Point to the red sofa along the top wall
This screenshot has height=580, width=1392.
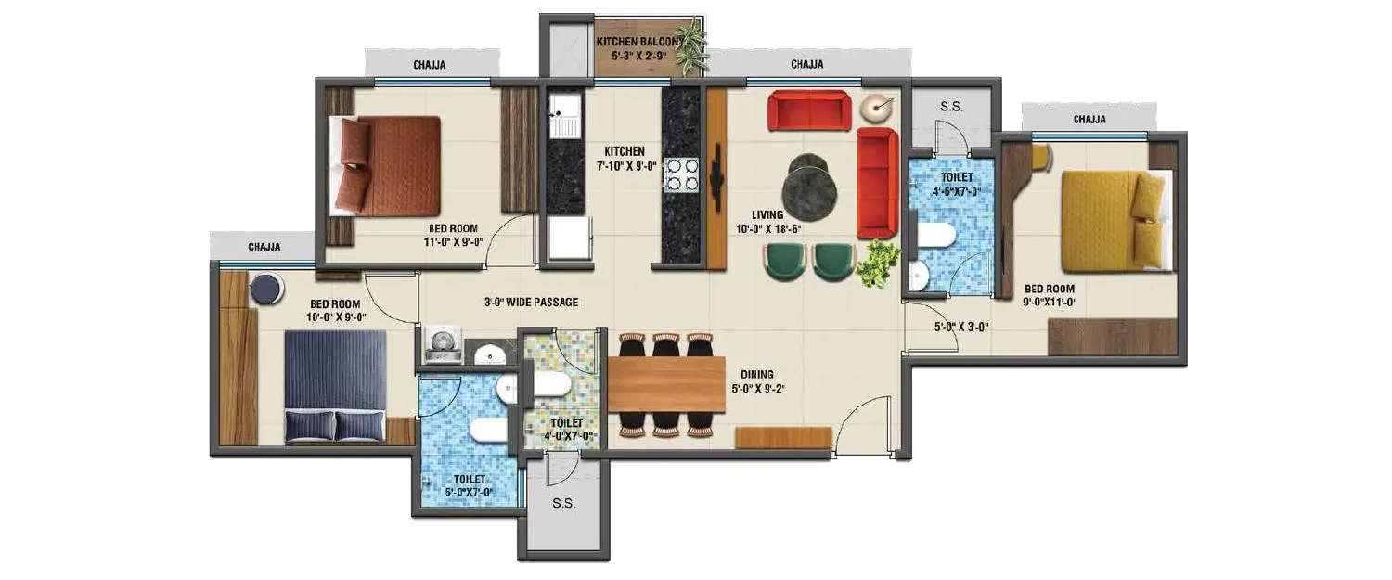809,111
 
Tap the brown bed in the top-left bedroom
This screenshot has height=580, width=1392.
387,165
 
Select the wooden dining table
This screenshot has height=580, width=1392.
665,384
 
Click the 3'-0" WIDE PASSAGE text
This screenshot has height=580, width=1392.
531,303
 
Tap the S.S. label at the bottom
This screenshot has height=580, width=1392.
563,504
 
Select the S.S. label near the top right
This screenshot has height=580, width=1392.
951,107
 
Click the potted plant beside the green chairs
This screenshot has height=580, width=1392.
874,264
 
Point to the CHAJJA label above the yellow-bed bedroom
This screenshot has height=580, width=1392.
1089,119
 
